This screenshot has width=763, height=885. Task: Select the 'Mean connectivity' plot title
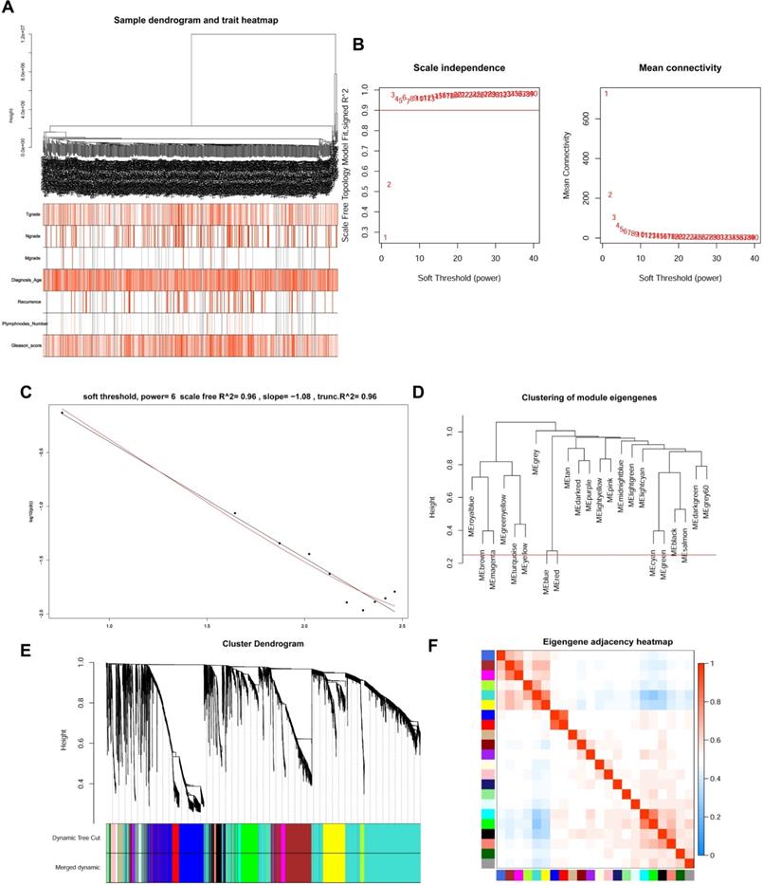click(681, 68)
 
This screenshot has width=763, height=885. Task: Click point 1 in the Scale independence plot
click(385, 237)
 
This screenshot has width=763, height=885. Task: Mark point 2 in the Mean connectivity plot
click(609, 195)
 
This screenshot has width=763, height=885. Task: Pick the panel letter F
click(434, 645)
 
